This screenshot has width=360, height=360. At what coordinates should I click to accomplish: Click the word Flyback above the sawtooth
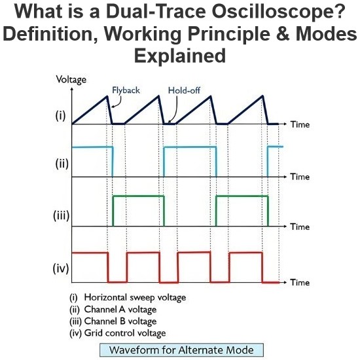click(x=126, y=90)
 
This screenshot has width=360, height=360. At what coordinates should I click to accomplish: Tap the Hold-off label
click(x=184, y=90)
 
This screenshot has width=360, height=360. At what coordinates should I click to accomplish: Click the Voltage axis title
click(x=71, y=80)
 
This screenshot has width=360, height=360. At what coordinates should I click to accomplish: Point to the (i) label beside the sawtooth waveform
click(x=61, y=115)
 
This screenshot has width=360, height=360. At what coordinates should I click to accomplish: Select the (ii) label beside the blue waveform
click(x=62, y=164)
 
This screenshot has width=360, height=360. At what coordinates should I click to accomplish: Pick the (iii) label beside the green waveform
click(x=61, y=215)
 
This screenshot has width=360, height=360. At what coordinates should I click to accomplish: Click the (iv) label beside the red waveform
click(x=61, y=268)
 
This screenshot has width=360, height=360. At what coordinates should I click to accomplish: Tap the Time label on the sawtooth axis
click(x=300, y=124)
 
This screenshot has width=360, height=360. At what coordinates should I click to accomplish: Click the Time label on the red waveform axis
click(x=300, y=282)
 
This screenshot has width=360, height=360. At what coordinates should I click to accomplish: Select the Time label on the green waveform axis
click(x=300, y=227)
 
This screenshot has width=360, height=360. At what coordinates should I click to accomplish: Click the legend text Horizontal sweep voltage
click(x=135, y=297)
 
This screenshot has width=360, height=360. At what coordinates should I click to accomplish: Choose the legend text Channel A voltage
click(x=120, y=310)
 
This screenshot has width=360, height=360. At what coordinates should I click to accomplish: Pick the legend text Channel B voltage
click(x=120, y=321)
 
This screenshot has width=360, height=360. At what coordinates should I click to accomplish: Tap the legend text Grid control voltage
click(x=125, y=333)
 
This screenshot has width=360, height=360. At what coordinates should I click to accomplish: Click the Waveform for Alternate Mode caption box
click(x=181, y=350)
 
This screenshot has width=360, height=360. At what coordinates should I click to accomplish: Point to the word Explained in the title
click(x=180, y=56)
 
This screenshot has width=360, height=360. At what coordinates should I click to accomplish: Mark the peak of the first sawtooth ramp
click(x=107, y=96)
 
